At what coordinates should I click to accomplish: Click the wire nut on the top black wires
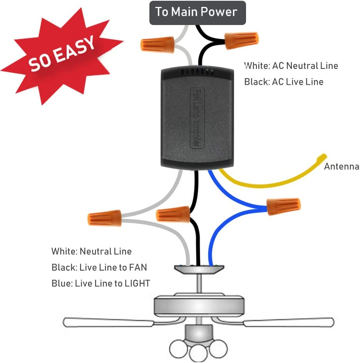point(241,40)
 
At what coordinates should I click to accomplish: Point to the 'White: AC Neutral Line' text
point(291,66)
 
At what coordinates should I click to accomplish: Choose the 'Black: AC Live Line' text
point(284,82)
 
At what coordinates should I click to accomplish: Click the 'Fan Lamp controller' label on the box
point(195,117)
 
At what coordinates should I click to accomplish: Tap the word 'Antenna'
point(342,167)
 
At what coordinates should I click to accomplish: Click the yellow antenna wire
point(270,182)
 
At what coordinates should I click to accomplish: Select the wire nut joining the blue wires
point(283,206)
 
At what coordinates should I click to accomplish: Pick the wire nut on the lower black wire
point(174,214)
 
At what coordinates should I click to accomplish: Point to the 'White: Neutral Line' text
point(92,252)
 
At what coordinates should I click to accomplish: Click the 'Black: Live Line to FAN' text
point(99,268)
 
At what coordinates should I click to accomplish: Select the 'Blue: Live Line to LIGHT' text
point(101,284)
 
